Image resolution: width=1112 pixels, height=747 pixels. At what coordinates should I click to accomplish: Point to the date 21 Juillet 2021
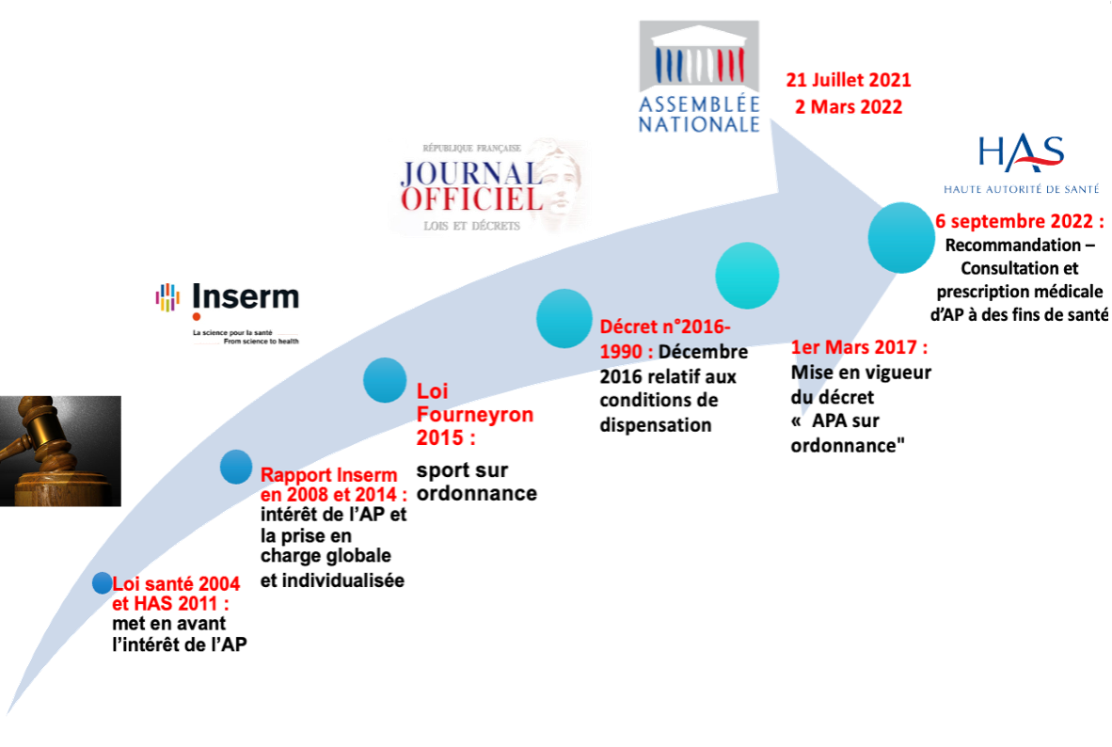point(849,81)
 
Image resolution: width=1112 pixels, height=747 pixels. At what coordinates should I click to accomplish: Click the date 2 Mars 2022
point(849,106)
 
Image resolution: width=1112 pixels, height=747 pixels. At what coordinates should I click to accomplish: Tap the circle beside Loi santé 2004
point(103,583)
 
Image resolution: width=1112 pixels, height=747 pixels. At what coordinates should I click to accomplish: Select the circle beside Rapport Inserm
point(236,468)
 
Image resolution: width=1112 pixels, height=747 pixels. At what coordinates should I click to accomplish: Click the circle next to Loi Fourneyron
point(385,380)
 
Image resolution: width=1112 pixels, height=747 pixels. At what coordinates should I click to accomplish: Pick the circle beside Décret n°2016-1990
point(564,319)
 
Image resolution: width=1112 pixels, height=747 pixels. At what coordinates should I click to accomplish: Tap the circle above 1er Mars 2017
point(747,275)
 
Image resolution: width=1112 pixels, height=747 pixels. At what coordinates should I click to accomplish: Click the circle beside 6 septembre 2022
point(901,236)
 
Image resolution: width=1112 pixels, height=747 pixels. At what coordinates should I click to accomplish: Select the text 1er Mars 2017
point(860,348)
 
